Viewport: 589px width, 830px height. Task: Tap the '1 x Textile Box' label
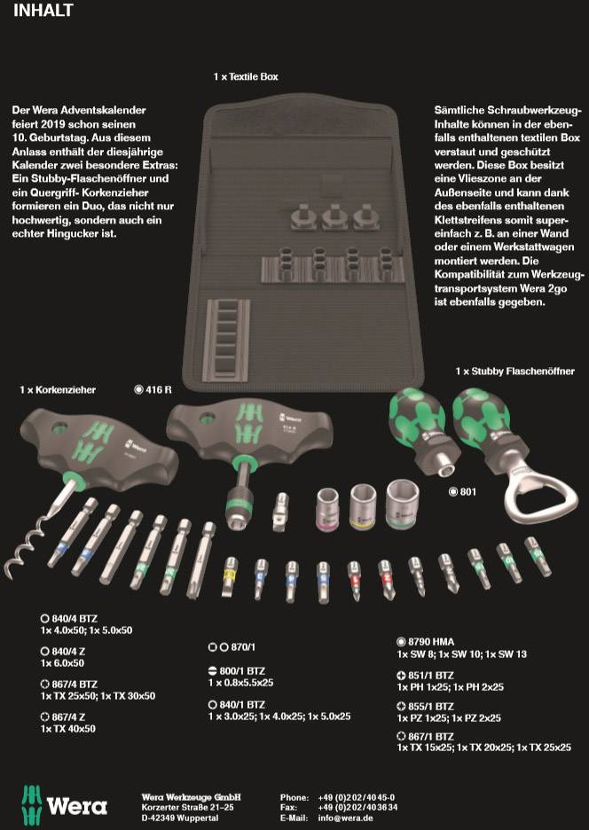click(246, 77)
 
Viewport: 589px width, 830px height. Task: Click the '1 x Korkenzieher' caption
click(58, 390)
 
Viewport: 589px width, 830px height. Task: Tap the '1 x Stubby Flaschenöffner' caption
click(514, 372)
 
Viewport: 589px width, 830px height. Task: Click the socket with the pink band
click(327, 509)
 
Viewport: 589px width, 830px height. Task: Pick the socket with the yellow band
click(365, 507)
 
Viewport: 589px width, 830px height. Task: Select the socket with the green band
click(403, 504)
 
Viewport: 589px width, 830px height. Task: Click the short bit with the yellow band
click(230, 577)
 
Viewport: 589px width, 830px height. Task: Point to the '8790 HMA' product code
click(430, 642)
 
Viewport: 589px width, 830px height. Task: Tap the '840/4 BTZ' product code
click(75, 618)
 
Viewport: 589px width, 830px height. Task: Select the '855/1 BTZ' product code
click(430, 706)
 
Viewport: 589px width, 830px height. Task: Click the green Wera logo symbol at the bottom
click(31, 807)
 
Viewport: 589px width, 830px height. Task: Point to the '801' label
click(468, 492)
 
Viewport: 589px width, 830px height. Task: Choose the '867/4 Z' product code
click(68, 717)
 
